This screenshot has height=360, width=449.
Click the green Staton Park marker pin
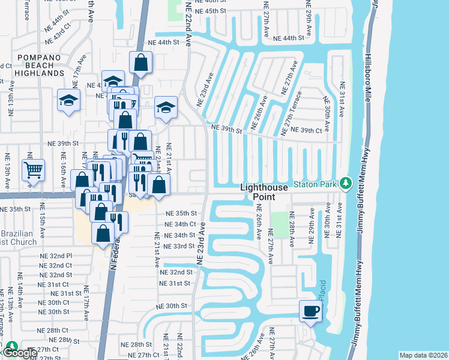[345, 182]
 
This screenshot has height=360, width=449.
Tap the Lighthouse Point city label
[266, 192]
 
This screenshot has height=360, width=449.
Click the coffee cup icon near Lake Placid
[311, 311]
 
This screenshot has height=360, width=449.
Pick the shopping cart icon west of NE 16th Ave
[34, 170]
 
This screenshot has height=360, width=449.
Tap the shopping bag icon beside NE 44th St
[140, 62]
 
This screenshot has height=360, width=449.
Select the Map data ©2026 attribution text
[423, 355]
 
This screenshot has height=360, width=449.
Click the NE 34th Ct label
[180, 224]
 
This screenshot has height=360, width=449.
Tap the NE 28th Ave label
[292, 229]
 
